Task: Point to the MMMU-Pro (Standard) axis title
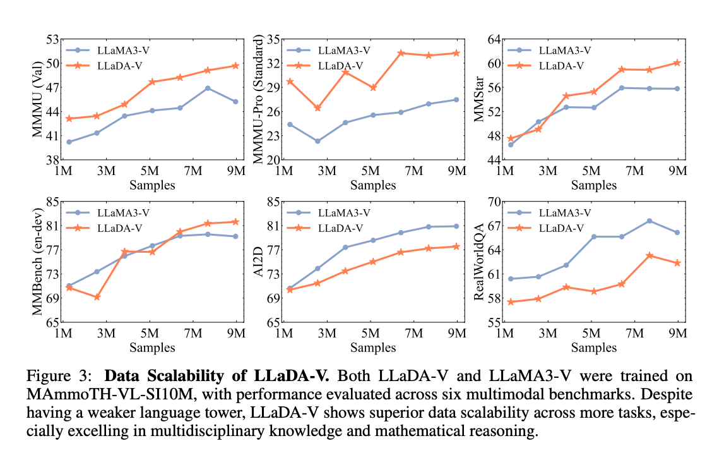tap(261, 100)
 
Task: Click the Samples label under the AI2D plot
tap(373, 347)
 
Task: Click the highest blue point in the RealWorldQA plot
tap(649, 221)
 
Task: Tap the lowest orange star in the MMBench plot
tap(97, 297)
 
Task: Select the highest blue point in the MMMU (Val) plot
tap(207, 88)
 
